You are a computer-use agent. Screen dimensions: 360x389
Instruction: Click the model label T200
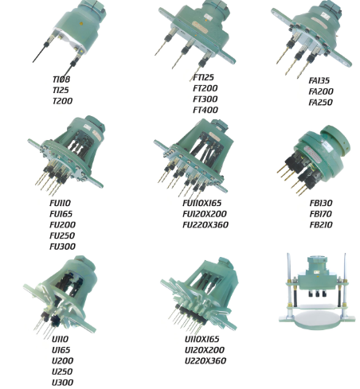click(62, 101)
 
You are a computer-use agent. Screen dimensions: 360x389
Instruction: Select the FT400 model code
click(205, 110)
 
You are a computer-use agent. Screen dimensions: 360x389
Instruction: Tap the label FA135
click(319, 80)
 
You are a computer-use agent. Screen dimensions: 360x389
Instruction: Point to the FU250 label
click(62, 235)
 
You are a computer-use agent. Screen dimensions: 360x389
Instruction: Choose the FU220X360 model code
click(205, 225)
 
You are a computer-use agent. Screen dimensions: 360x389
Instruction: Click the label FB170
click(321, 214)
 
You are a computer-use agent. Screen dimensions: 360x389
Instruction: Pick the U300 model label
click(63, 383)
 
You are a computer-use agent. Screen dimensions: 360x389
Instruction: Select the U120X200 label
click(205, 350)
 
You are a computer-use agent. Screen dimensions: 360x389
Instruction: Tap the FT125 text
click(203, 77)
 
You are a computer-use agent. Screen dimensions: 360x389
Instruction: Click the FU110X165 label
click(202, 203)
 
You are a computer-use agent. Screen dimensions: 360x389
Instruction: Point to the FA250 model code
click(321, 103)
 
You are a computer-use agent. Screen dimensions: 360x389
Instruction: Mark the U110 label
click(60, 339)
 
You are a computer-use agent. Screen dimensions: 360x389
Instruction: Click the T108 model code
click(61, 80)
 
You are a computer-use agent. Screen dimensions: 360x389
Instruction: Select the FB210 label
click(321, 225)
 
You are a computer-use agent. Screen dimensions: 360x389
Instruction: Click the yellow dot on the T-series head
click(81, 24)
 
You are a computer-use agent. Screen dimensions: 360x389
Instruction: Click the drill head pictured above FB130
click(314, 160)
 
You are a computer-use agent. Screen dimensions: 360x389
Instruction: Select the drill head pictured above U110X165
click(200, 295)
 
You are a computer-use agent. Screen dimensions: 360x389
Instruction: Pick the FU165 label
click(61, 214)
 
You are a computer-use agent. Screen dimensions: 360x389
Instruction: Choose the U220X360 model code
click(205, 361)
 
